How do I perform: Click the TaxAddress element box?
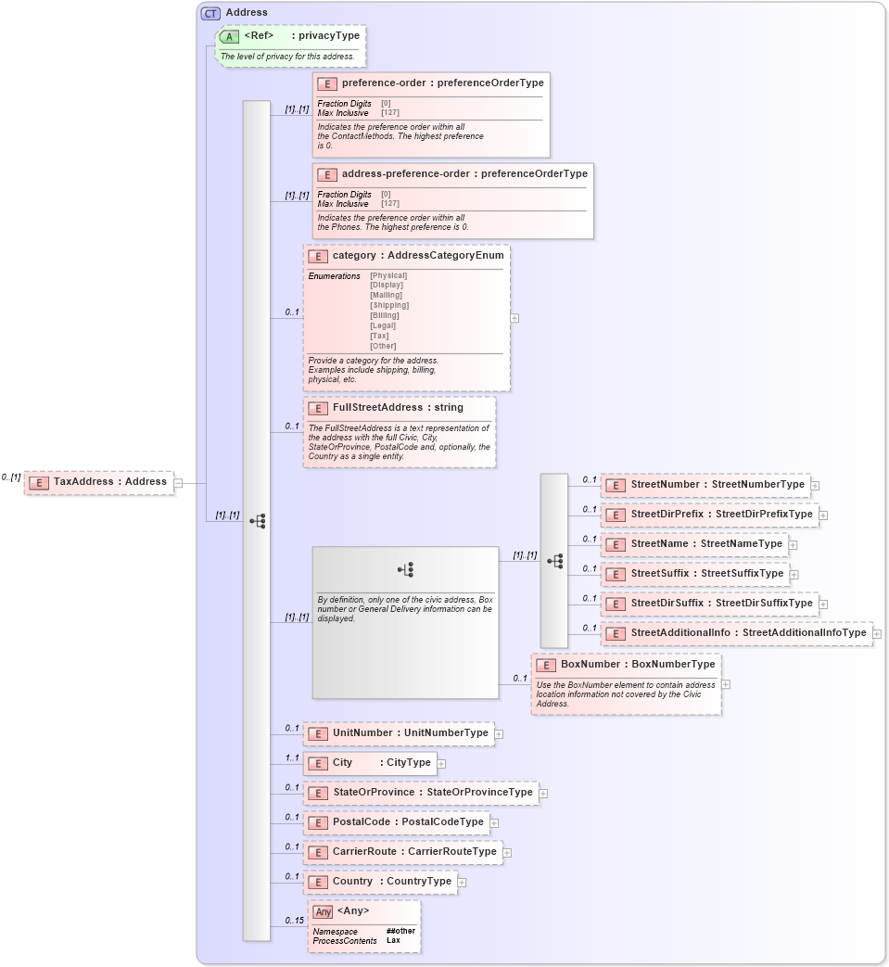pos(99,482)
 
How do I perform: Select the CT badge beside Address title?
pos(210,13)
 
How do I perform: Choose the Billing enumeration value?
pos(385,315)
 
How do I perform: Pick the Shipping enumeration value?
pos(389,305)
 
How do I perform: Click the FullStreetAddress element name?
pos(378,407)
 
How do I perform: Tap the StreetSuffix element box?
pos(694,574)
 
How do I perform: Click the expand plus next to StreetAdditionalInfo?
pos(877,634)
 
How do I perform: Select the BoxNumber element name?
pos(591,665)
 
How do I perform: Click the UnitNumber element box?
pos(398,733)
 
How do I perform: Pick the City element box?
pos(370,763)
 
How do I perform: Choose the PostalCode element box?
pos(396,822)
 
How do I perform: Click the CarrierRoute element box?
pos(402,852)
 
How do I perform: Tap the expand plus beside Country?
pos(462,883)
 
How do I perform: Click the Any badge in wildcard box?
pos(323,911)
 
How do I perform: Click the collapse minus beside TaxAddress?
pos(178,483)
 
